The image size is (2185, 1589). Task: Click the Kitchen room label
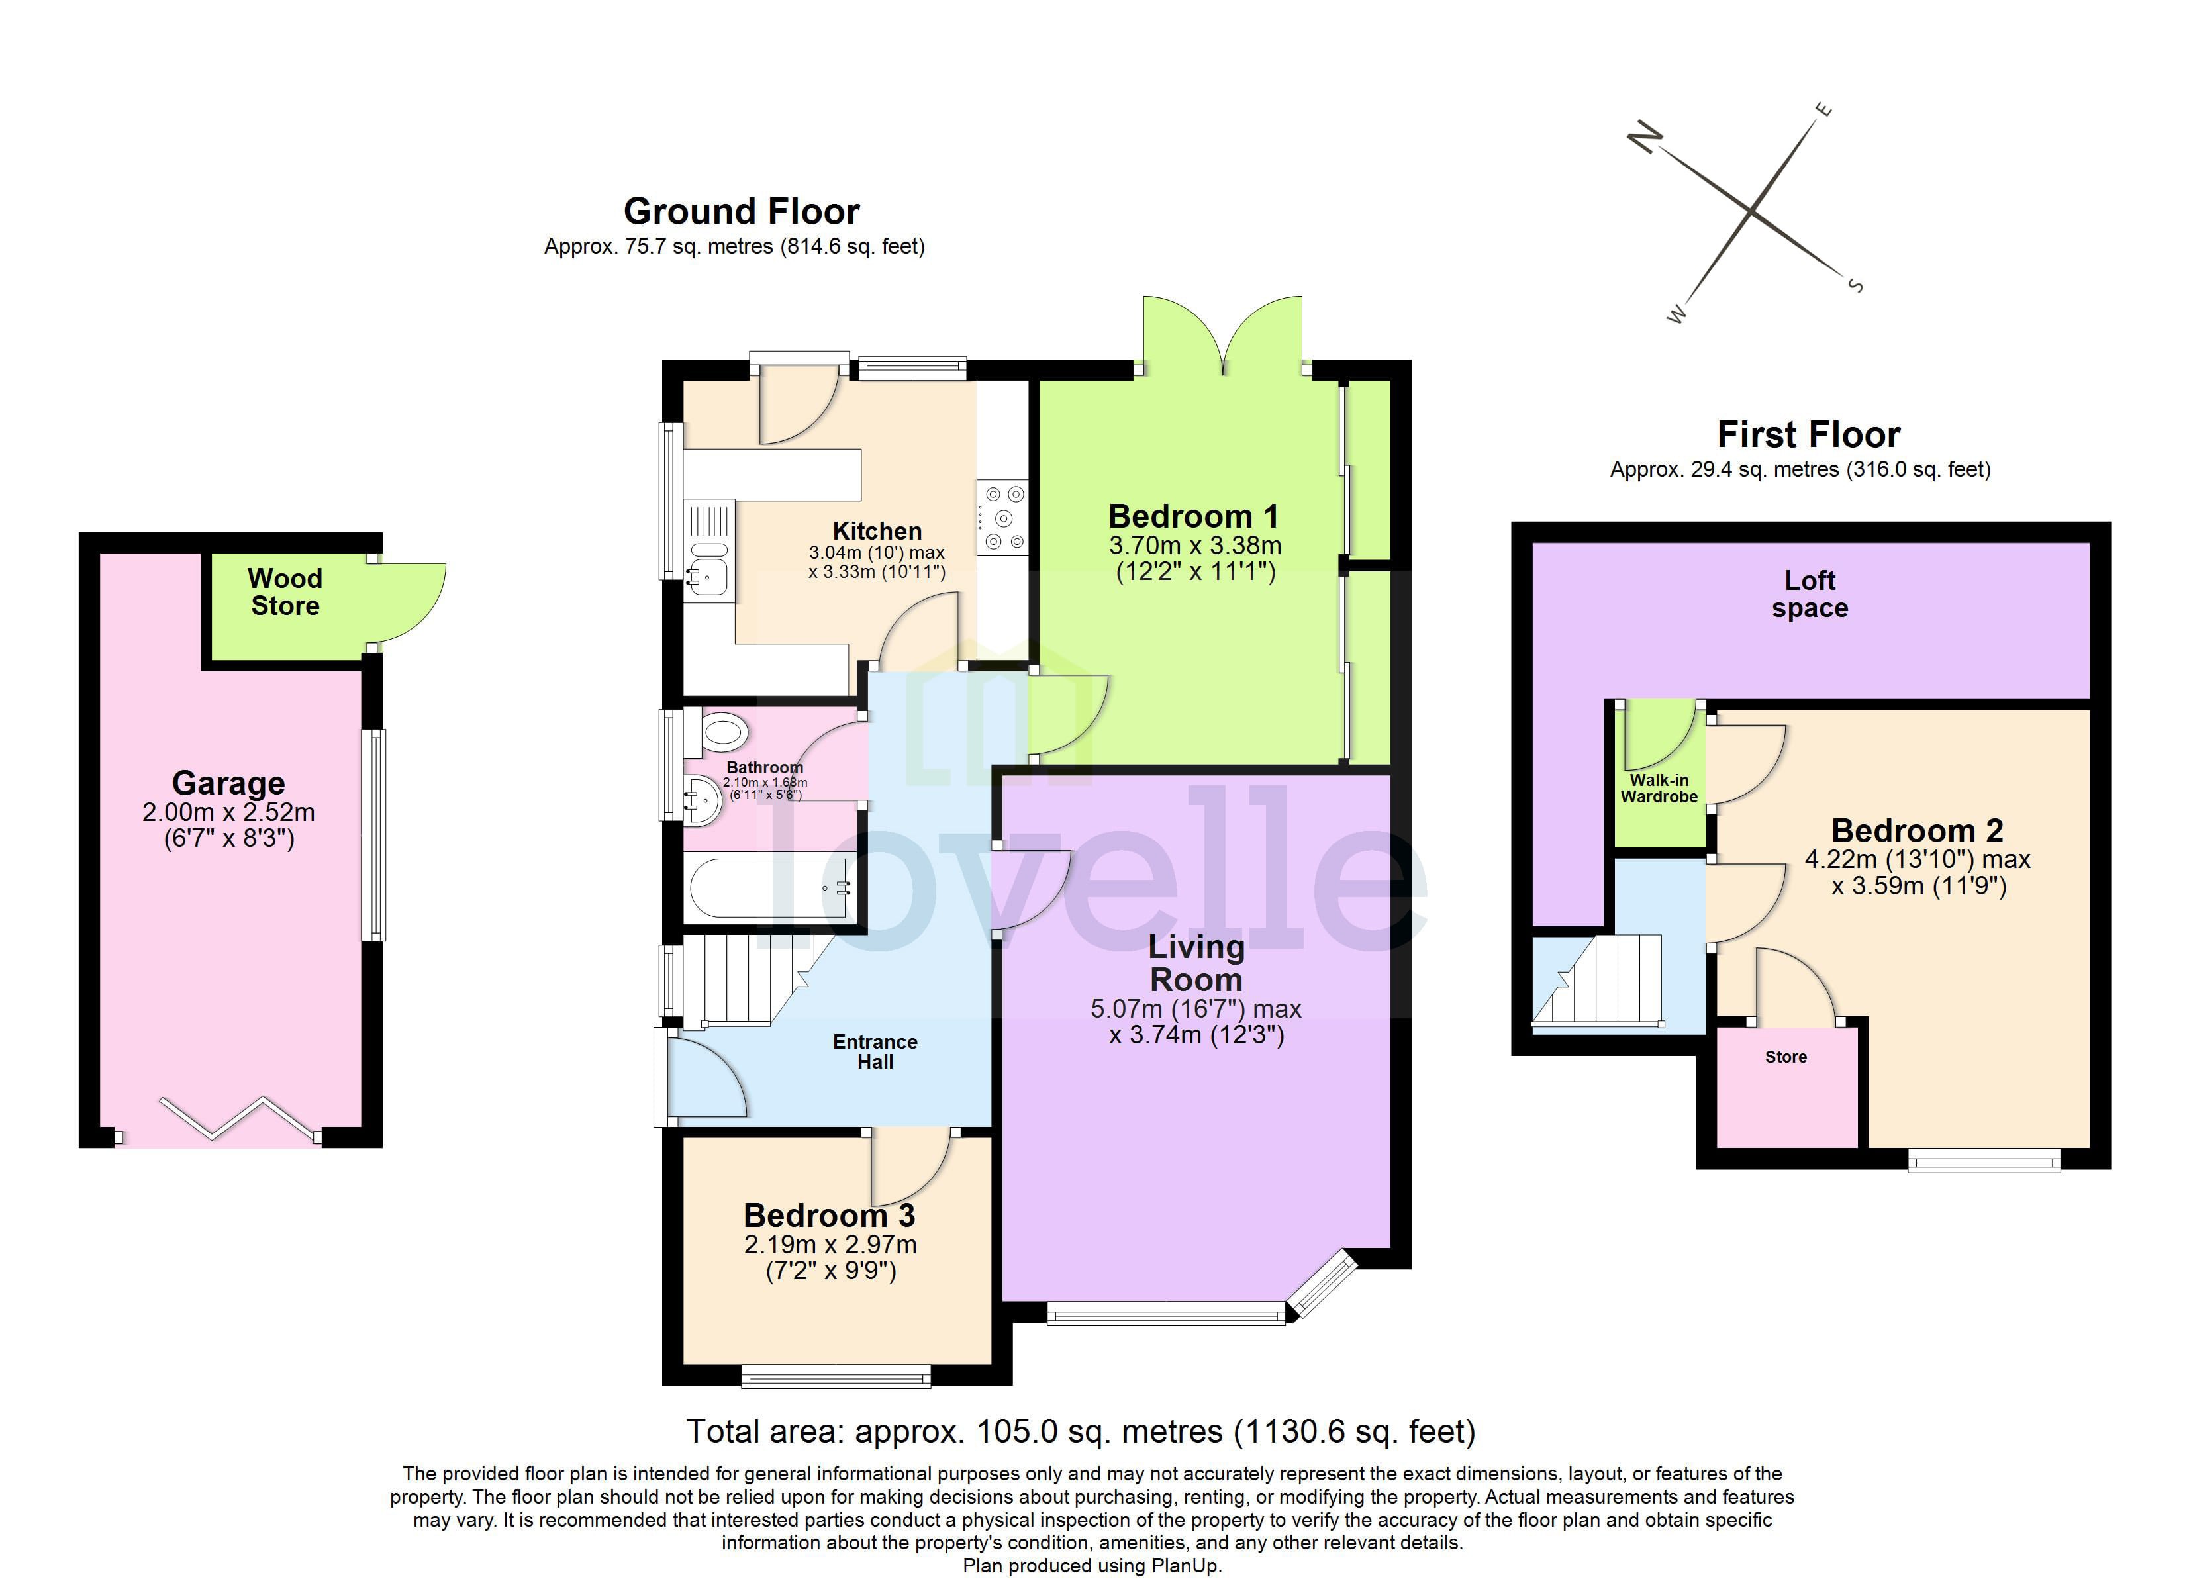[877, 531]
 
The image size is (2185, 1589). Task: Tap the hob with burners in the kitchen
[1002, 518]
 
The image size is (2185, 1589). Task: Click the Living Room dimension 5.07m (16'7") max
[1196, 1009]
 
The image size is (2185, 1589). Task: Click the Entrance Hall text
[875, 1051]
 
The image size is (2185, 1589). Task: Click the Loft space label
[1810, 594]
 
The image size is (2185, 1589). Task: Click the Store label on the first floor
[1785, 1057]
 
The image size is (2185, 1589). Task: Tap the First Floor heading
[1808, 434]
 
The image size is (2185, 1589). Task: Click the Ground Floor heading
[741, 211]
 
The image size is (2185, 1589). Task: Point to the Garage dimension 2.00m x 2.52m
[228, 812]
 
